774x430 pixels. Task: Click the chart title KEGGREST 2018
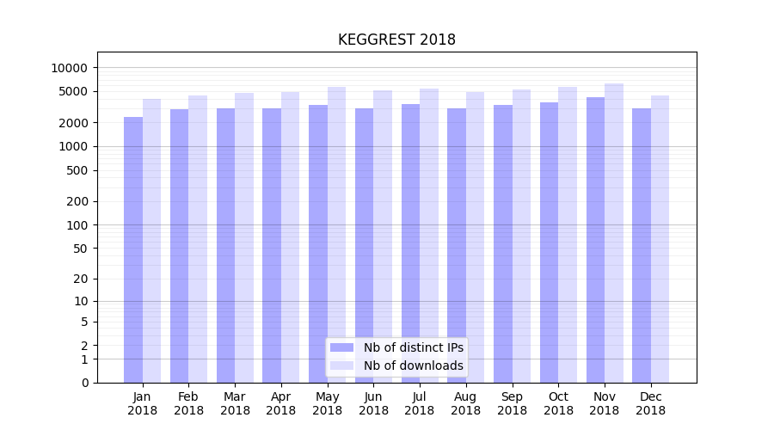[396, 40]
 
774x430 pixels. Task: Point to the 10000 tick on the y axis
[70, 68]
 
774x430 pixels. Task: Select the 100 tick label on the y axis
[77, 225]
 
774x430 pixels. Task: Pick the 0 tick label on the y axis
[84, 383]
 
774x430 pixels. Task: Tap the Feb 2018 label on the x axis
[188, 403]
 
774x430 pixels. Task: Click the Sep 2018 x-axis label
[512, 403]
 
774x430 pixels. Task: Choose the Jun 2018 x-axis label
[373, 403]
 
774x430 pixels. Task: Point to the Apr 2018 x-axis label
[281, 403]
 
